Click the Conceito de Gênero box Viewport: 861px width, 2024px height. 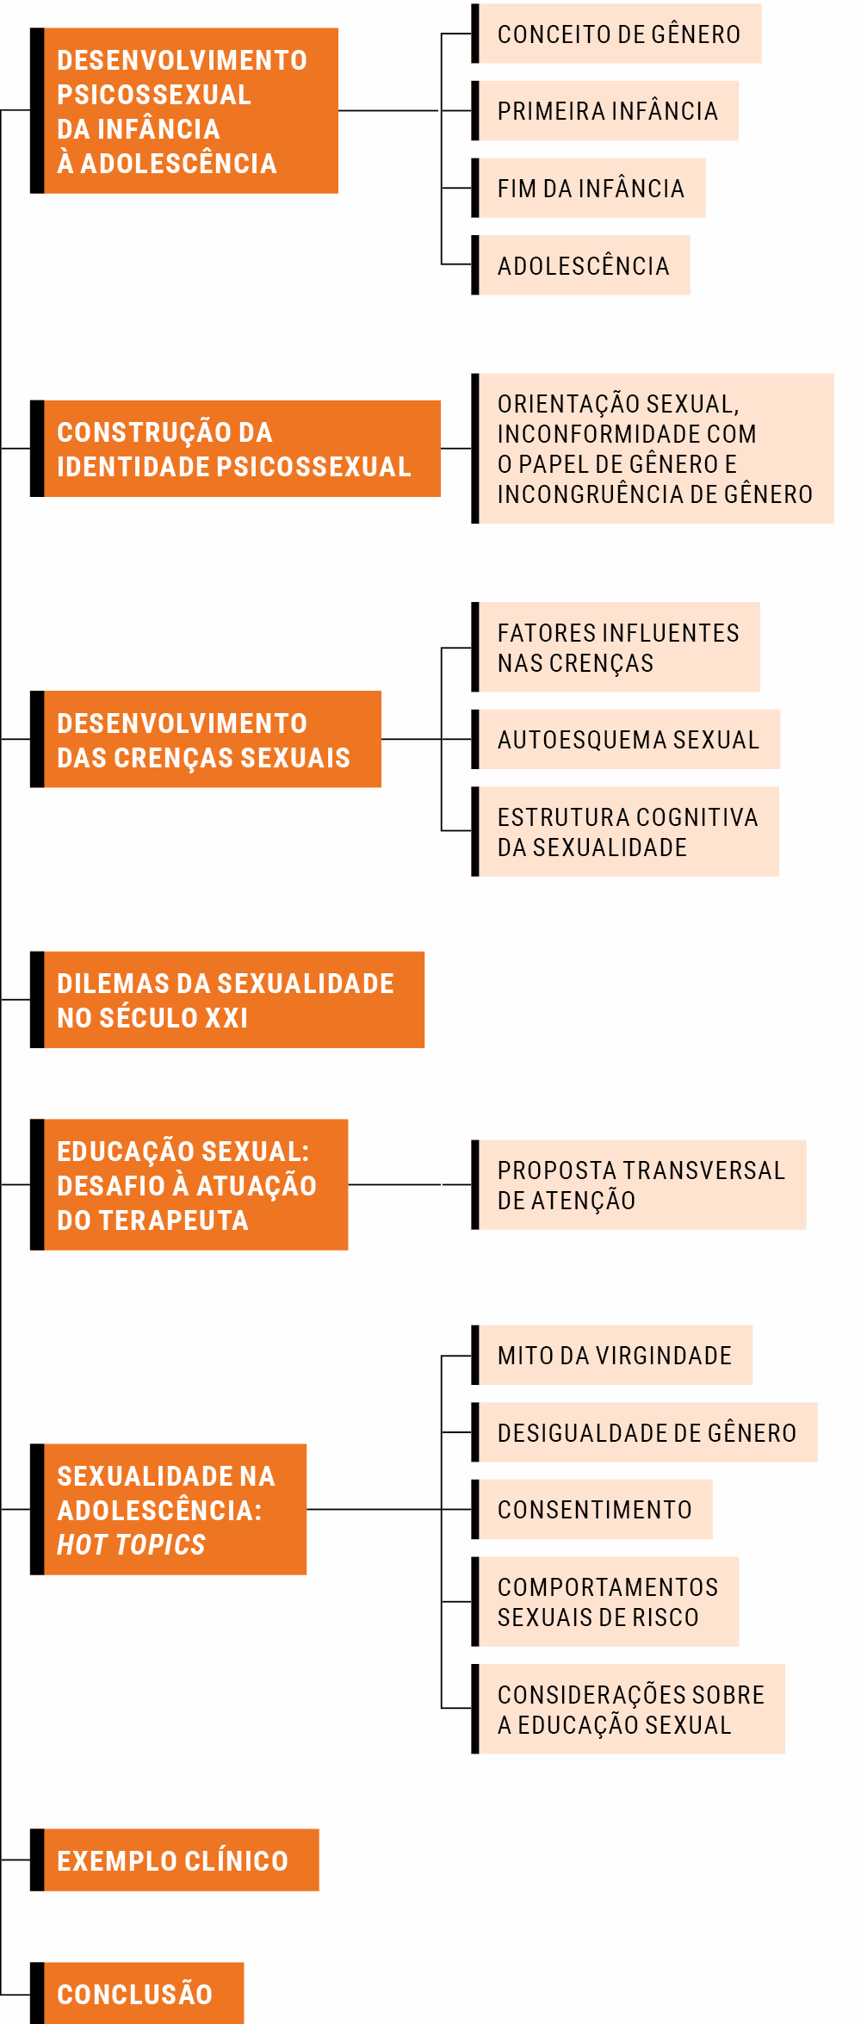(616, 34)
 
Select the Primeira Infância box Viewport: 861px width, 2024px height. (605, 111)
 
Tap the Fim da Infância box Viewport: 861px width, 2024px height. (588, 188)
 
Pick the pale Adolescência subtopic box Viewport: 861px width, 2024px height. (580, 265)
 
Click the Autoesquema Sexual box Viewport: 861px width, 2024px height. (626, 739)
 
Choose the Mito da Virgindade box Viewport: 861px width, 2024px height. (612, 1355)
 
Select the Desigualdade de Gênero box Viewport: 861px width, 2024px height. (644, 1432)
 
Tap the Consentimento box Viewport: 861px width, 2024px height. (592, 1509)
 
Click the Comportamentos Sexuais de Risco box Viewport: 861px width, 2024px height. (605, 1601)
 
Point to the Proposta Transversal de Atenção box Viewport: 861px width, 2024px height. (639, 1184)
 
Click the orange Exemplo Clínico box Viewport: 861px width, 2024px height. (175, 1859)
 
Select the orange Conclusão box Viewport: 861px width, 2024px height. (137, 1993)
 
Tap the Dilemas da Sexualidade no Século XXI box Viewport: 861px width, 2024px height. (227, 999)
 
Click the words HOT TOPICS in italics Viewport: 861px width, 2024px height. (131, 1544)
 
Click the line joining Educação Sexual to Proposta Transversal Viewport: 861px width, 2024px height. (410, 1184)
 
